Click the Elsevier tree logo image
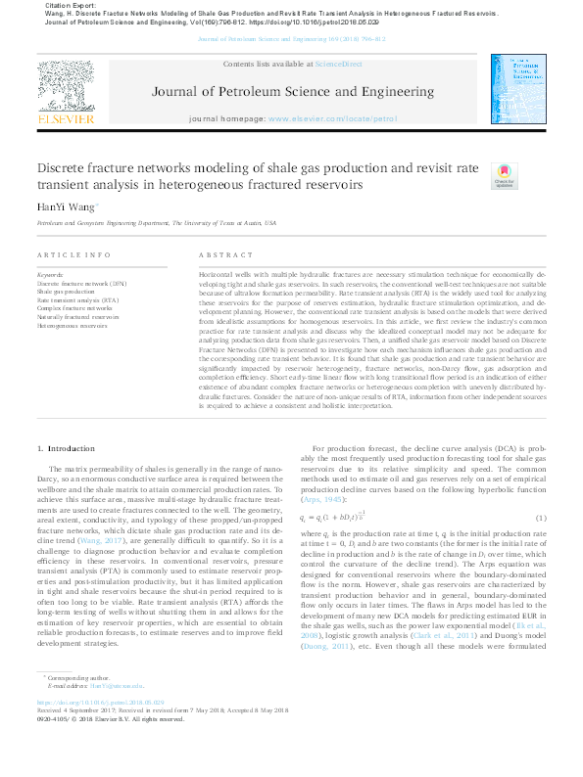coord(65,83)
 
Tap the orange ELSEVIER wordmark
coord(65,118)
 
